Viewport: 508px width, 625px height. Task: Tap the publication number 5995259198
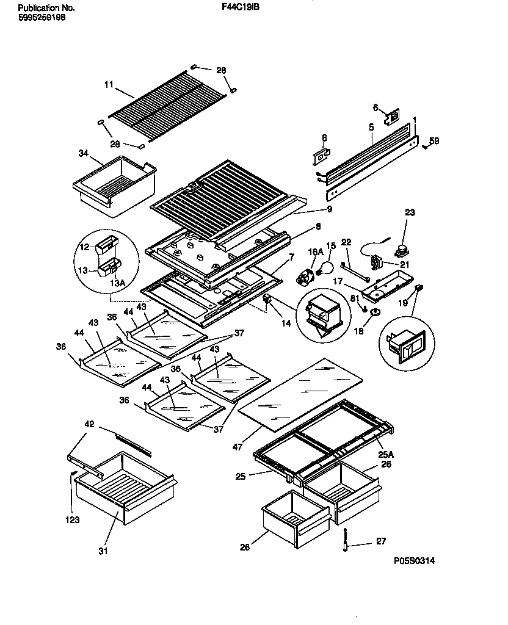click(42, 18)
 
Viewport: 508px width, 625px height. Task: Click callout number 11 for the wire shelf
click(109, 86)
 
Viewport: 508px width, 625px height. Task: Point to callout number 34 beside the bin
click(84, 153)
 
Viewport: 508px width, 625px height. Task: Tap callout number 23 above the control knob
click(410, 213)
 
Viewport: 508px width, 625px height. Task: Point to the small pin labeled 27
click(346, 540)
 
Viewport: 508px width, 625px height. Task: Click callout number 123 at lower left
click(73, 521)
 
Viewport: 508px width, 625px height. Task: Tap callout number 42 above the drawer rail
click(89, 424)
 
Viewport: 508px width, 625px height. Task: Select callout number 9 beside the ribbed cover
click(329, 209)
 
